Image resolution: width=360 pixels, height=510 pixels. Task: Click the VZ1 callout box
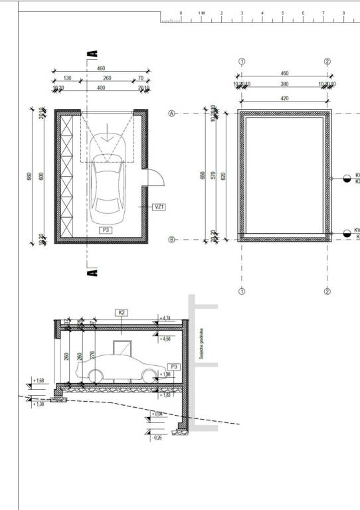159,207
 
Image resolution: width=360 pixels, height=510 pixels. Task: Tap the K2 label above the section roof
122,311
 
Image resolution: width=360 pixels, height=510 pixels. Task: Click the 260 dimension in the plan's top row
107,78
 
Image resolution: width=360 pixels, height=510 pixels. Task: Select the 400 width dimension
101,88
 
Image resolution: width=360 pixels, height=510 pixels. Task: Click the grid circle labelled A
172,114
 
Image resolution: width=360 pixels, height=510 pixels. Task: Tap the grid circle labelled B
172,239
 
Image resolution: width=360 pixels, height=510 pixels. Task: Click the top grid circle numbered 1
242,61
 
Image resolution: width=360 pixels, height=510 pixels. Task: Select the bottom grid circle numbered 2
327,291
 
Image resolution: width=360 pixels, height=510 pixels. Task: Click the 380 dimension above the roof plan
284,84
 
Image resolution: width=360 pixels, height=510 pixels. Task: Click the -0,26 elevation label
157,438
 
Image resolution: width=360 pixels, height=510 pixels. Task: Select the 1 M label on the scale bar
202,13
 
